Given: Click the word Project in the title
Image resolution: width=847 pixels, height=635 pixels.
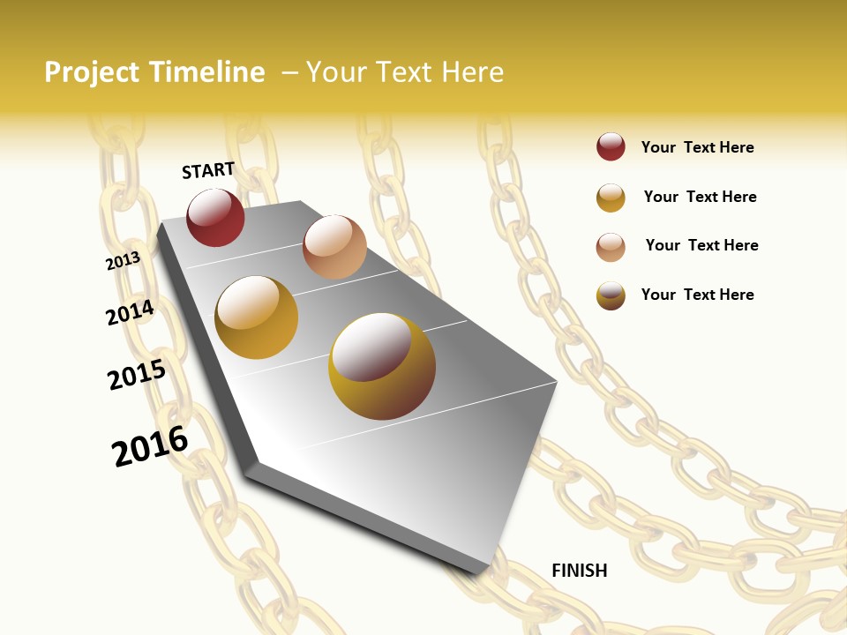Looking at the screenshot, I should point(92,72).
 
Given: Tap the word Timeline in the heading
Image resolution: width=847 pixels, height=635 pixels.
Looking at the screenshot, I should point(206,72).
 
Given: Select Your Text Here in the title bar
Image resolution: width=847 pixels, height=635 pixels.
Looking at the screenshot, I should point(405,72).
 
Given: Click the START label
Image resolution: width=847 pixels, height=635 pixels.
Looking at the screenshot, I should point(208,170).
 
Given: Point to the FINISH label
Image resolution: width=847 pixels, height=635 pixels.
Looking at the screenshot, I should point(580,571).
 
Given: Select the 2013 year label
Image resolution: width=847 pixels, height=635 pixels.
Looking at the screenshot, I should point(123,261).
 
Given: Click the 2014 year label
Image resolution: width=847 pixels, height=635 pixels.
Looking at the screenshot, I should point(130,312).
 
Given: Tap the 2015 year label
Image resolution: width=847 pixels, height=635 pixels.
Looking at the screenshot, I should point(137,375).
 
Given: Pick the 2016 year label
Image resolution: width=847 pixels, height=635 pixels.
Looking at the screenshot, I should point(150,446).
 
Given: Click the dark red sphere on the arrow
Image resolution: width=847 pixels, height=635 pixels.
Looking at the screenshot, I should point(215,217).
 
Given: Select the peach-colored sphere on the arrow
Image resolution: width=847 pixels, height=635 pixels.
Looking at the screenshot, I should point(334,246).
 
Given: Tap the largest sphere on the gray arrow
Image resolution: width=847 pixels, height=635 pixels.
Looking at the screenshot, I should point(382,366).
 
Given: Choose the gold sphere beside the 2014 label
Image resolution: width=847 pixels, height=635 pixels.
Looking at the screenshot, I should point(257,317).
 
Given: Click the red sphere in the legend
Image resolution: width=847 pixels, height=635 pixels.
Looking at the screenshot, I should point(611,147).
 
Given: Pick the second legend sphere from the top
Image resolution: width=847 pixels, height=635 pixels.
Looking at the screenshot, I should point(611,198).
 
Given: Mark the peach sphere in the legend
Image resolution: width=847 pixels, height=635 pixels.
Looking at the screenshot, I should point(611,247).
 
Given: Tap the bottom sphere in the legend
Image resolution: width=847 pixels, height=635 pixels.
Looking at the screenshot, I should point(611,295).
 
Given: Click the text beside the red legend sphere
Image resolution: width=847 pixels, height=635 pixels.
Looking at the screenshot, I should point(697,147).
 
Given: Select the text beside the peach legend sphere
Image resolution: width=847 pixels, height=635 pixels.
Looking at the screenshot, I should point(701,245).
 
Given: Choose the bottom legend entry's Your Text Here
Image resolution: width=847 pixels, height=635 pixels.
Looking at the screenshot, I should point(697,295).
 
